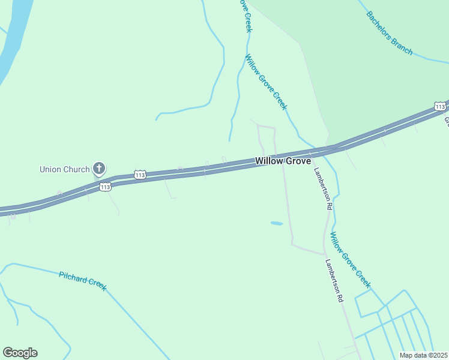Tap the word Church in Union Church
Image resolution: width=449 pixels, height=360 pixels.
coord(77,169)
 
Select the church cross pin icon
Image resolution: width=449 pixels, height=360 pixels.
coord(99,169)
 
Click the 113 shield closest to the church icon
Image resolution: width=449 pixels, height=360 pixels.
coord(105,187)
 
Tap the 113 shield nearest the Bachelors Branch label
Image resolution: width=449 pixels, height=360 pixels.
coord(439,106)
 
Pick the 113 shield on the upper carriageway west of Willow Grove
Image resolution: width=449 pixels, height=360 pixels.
coord(140,175)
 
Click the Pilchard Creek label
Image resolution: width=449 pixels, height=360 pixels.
coord(83,281)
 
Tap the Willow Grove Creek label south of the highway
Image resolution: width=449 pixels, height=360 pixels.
coord(351,260)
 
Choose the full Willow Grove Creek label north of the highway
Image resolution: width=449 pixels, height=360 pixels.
coord(266,82)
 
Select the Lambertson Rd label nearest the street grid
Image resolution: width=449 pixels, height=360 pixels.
coord(334,280)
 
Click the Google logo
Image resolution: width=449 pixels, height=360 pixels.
coord(20,353)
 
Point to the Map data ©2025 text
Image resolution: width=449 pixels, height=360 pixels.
coord(424,355)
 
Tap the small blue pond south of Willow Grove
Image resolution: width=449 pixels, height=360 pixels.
coord(277,224)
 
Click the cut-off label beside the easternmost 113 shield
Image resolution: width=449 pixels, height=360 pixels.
coord(447,120)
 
